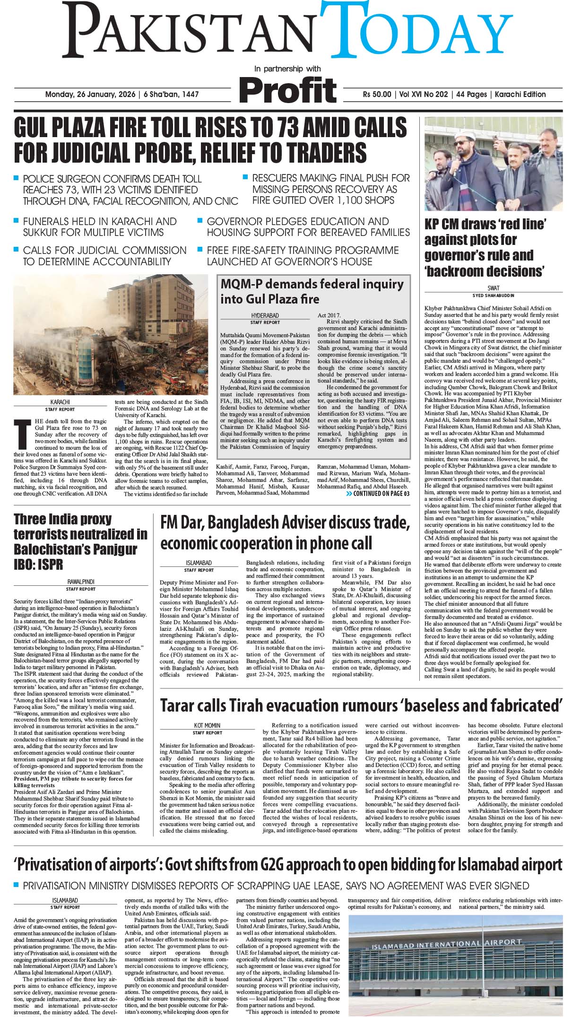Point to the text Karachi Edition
point(520,95)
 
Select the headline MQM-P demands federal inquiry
point(312,284)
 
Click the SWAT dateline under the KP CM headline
point(493,288)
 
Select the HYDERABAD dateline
point(265,315)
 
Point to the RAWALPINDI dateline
point(80,582)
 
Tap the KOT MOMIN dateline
point(207,725)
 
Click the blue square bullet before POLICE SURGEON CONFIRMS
point(16,178)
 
